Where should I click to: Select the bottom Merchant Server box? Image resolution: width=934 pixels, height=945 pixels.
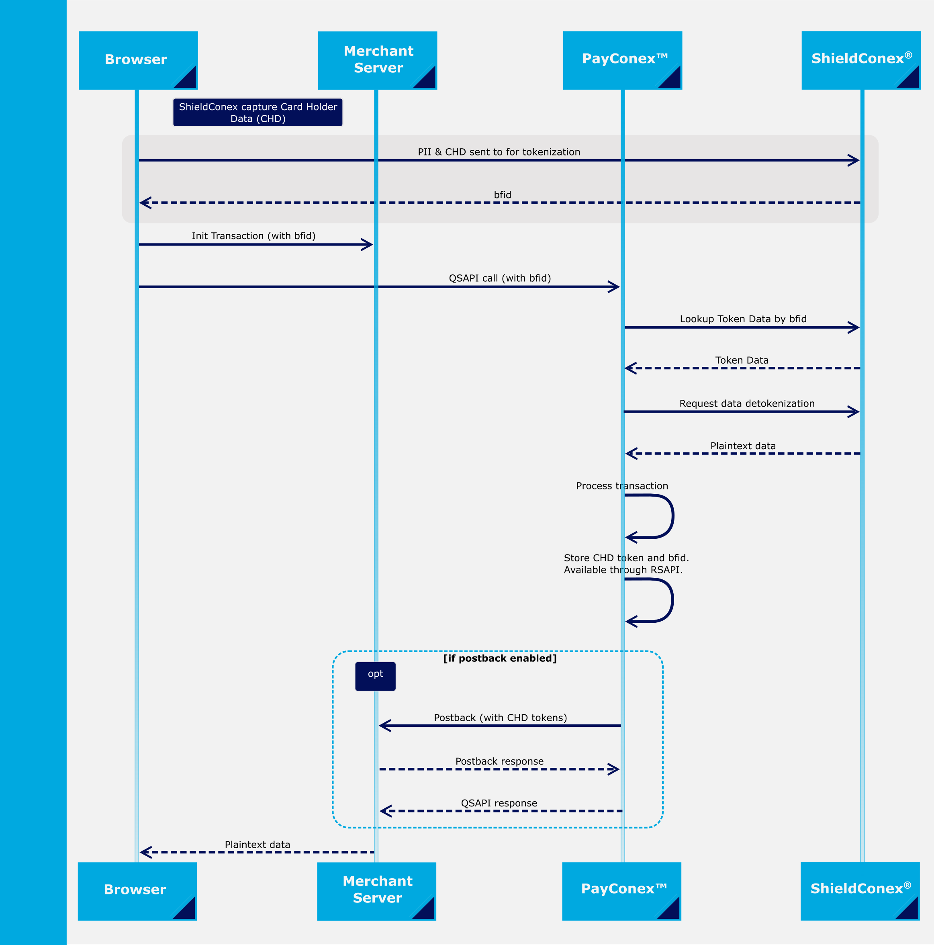[x=376, y=891]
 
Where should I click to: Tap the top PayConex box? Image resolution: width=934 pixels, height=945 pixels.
[x=622, y=60]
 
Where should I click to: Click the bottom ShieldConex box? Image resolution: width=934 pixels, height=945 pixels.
[x=860, y=891]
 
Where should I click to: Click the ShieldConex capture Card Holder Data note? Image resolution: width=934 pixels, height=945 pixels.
[x=258, y=112]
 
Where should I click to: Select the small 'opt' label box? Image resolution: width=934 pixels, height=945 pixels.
[x=375, y=676]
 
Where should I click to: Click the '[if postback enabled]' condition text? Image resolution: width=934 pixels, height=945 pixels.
[x=500, y=659]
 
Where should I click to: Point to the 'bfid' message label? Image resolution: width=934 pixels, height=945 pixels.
[x=502, y=195]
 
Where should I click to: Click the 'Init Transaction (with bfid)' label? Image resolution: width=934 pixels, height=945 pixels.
[x=253, y=236]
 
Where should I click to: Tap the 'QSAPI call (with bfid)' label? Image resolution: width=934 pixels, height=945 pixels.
[x=500, y=278]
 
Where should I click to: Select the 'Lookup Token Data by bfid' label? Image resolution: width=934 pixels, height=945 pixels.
[x=743, y=319]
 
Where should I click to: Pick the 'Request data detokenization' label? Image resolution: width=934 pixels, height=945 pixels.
[x=747, y=403]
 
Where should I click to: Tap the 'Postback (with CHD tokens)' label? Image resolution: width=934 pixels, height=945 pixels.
[x=500, y=718]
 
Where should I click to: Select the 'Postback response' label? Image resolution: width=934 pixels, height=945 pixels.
[x=499, y=761]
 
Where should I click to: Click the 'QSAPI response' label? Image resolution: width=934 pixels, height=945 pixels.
[x=499, y=803]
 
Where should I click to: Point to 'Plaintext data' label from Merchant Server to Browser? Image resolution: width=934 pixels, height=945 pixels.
[x=257, y=845]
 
